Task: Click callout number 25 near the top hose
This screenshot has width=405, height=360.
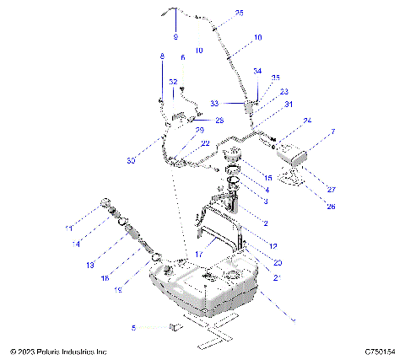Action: click(x=215, y=13)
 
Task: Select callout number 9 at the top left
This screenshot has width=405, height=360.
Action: click(x=176, y=38)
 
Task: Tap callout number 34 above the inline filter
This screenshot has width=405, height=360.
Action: click(x=257, y=72)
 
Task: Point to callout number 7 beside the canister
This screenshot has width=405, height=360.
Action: click(x=332, y=132)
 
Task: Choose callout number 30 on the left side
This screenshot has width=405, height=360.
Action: click(x=132, y=160)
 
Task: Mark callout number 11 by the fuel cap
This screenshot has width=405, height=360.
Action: click(x=70, y=228)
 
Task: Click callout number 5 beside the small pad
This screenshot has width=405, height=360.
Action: click(x=132, y=326)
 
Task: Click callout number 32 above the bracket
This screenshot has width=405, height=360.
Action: click(x=173, y=82)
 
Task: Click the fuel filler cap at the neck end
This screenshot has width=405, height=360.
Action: click(x=106, y=203)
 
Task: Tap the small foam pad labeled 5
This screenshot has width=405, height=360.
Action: click(x=175, y=325)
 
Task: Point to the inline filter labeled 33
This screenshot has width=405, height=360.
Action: click(x=251, y=107)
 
